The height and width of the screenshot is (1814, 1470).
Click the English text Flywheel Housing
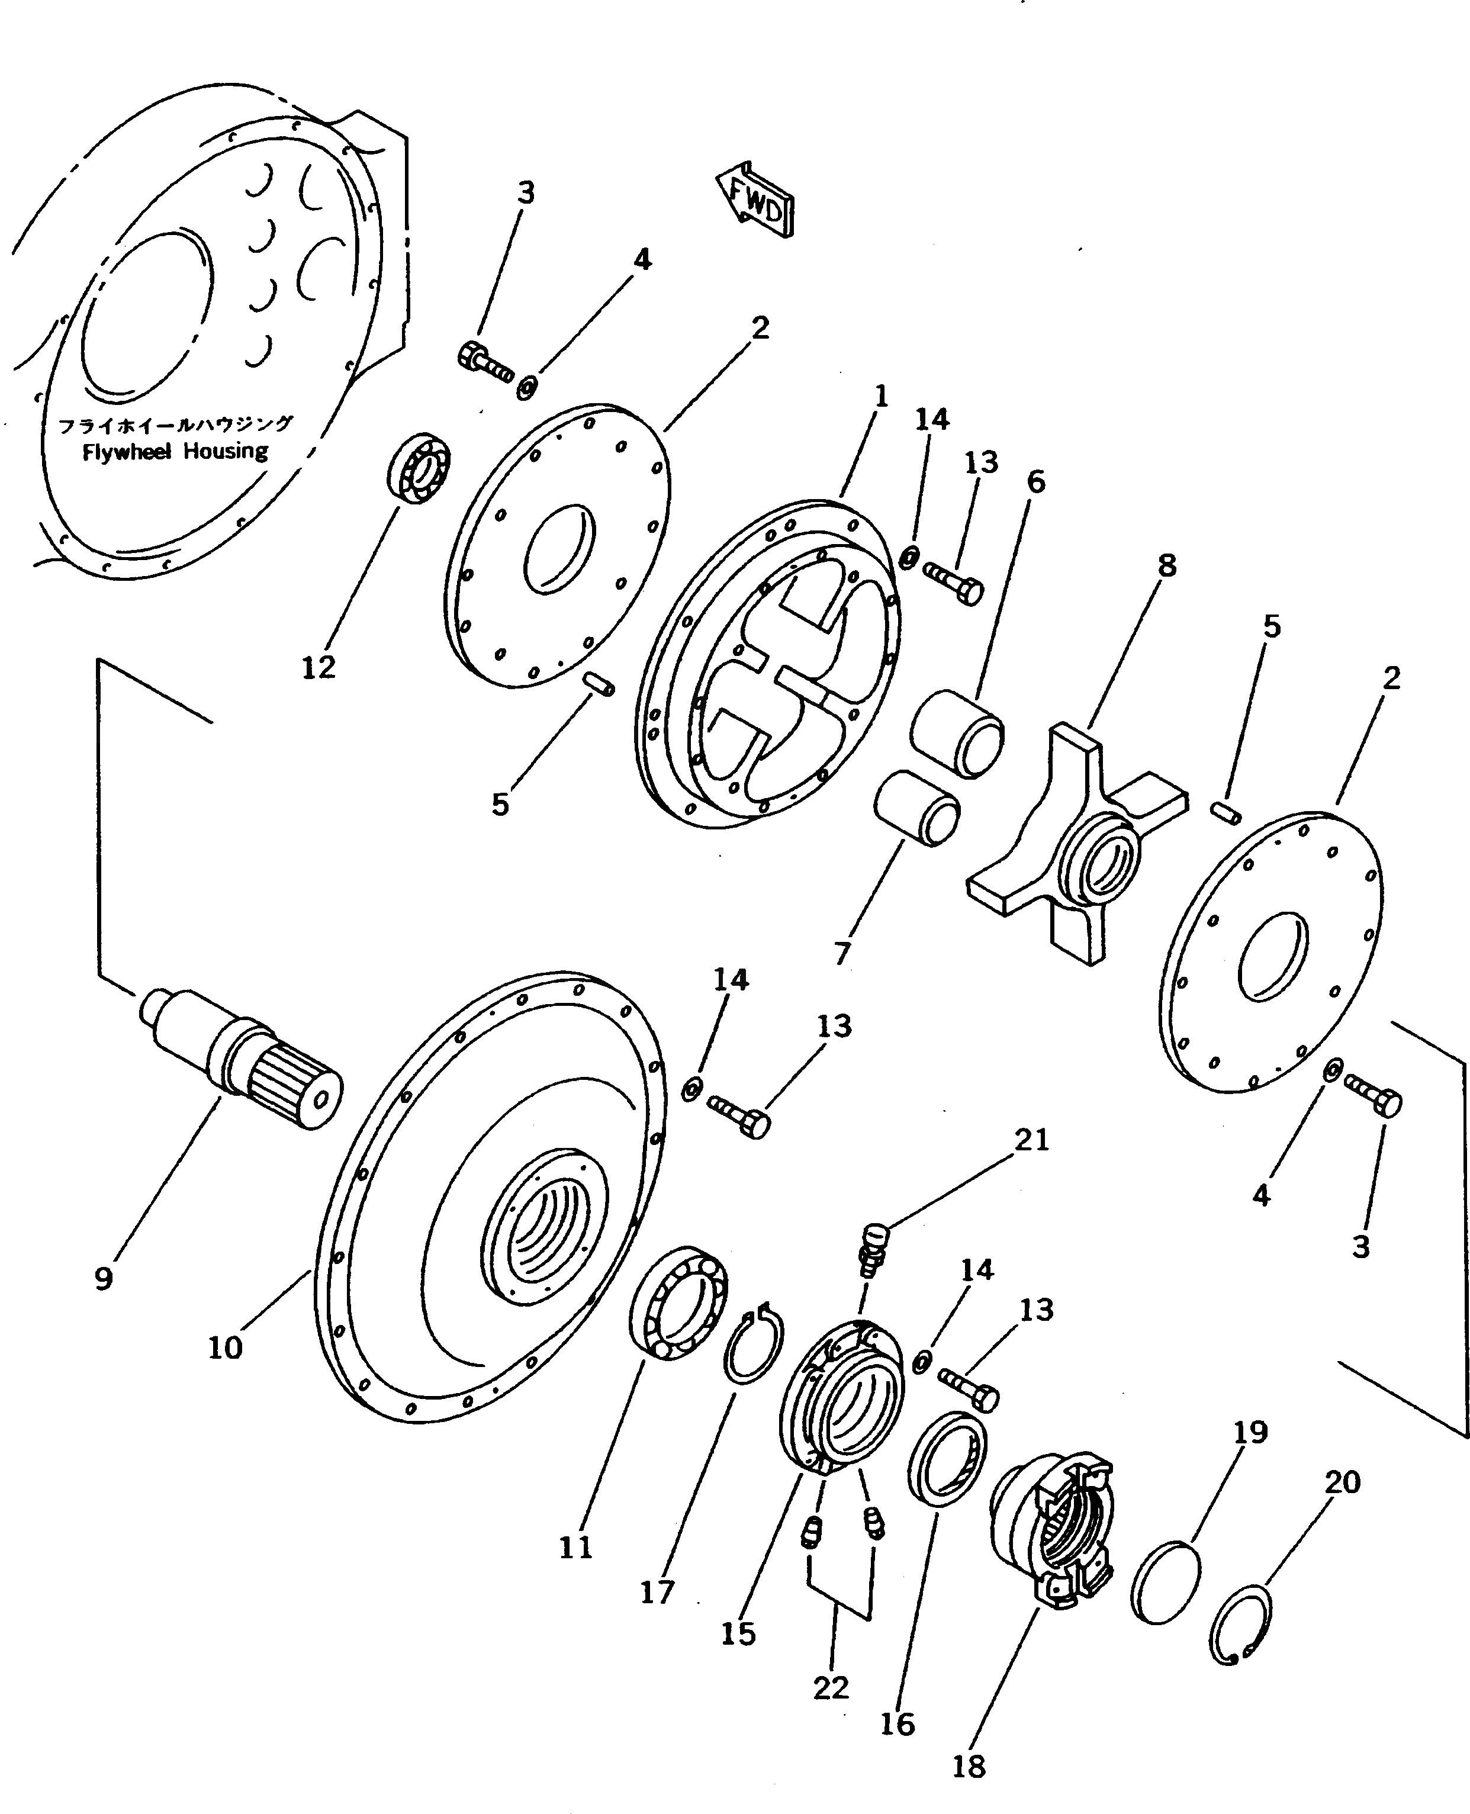pyautogui.click(x=175, y=451)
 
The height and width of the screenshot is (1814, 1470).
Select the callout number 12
pyautogui.click(x=319, y=668)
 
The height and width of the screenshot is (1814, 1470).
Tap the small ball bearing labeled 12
pyautogui.click(x=419, y=468)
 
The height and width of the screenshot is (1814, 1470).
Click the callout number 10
pyautogui.click(x=225, y=1347)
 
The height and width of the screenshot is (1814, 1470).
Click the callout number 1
pyautogui.click(x=881, y=396)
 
